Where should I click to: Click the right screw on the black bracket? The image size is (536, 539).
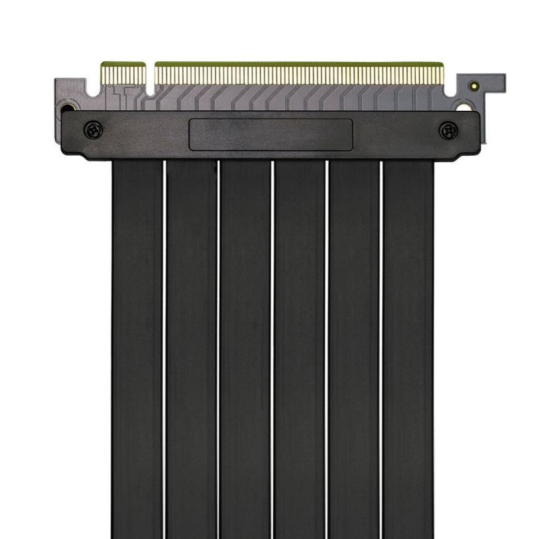[448, 130]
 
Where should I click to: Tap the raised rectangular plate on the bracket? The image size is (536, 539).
[271, 134]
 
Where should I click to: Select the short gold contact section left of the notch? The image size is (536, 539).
[123, 73]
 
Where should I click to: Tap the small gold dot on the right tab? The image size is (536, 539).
[473, 86]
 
